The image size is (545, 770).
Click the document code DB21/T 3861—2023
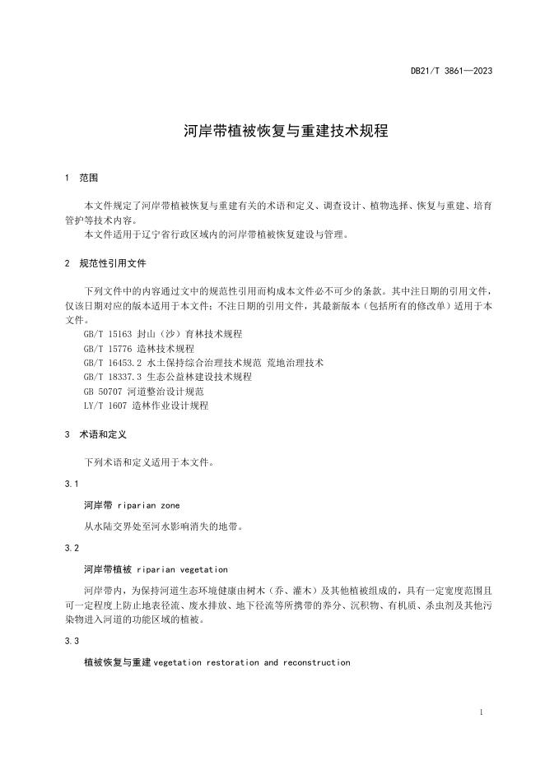(451, 72)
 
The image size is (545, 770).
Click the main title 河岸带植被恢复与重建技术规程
(272, 131)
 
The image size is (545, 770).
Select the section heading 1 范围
(82, 178)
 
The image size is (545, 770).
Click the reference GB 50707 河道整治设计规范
(144, 392)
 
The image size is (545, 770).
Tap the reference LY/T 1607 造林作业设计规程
(147, 406)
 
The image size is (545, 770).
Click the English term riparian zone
(149, 505)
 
